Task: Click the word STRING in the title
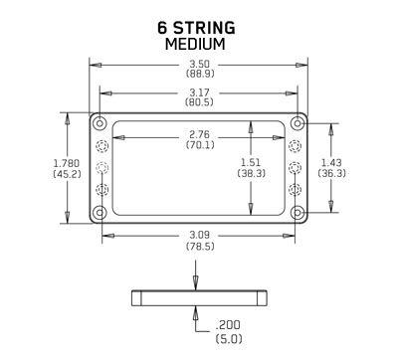pos(205,28)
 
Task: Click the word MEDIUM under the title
pos(195,44)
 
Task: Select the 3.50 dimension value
pos(200,64)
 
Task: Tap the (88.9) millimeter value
pos(200,74)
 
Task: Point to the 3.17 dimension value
pos(199,92)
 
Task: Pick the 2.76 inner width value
pos(200,134)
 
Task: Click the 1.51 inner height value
pos(251,162)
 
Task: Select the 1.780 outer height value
pos(67,163)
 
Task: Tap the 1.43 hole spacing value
pos(331,162)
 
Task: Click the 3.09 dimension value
pos(200,235)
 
